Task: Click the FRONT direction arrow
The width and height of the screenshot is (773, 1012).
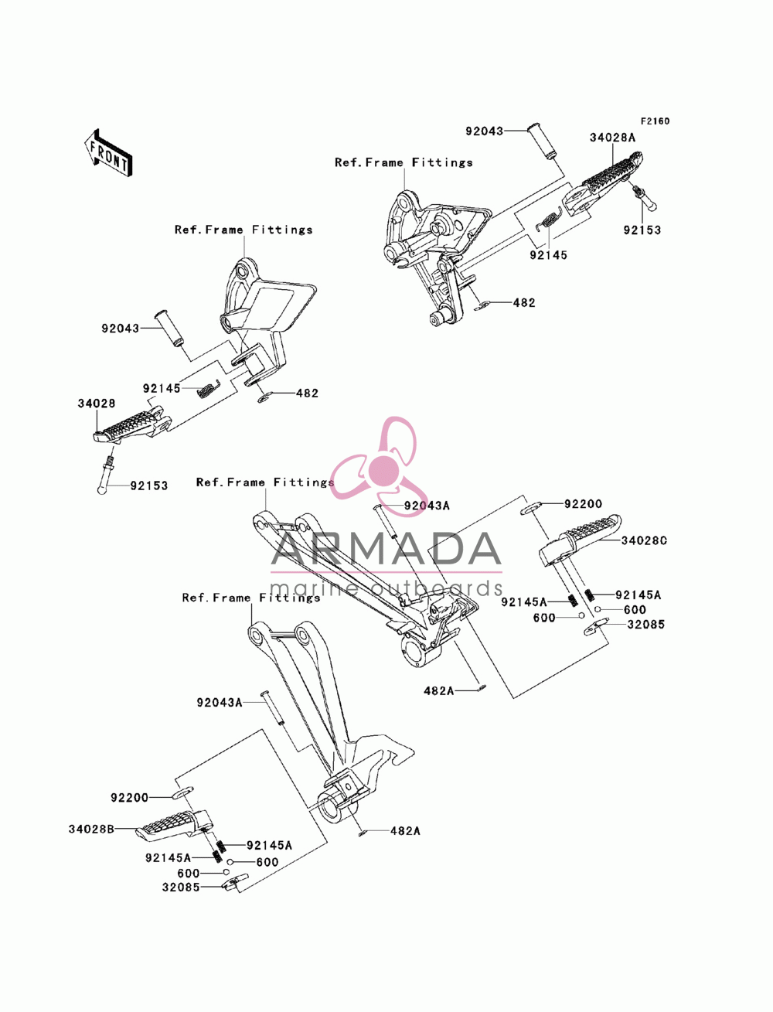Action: pyautogui.click(x=109, y=153)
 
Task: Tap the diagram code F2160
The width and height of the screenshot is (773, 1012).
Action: pyautogui.click(x=655, y=121)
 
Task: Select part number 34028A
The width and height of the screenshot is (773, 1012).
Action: pyautogui.click(x=612, y=138)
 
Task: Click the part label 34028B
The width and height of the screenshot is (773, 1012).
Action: pyautogui.click(x=91, y=829)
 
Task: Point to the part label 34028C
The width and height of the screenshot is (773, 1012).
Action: pyautogui.click(x=644, y=540)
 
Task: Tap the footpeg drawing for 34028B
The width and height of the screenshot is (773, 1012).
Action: pyautogui.click(x=174, y=826)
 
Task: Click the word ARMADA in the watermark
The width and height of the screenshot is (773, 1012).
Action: pyautogui.click(x=386, y=549)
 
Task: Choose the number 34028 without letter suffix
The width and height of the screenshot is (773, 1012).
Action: pyautogui.click(x=97, y=404)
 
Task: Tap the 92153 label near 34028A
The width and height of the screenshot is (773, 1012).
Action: pyautogui.click(x=642, y=230)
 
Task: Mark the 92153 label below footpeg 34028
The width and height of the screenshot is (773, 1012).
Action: pyautogui.click(x=149, y=486)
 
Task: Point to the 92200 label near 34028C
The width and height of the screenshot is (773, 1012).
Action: pyautogui.click(x=583, y=504)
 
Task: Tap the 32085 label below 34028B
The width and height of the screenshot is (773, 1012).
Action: pyautogui.click(x=181, y=887)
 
